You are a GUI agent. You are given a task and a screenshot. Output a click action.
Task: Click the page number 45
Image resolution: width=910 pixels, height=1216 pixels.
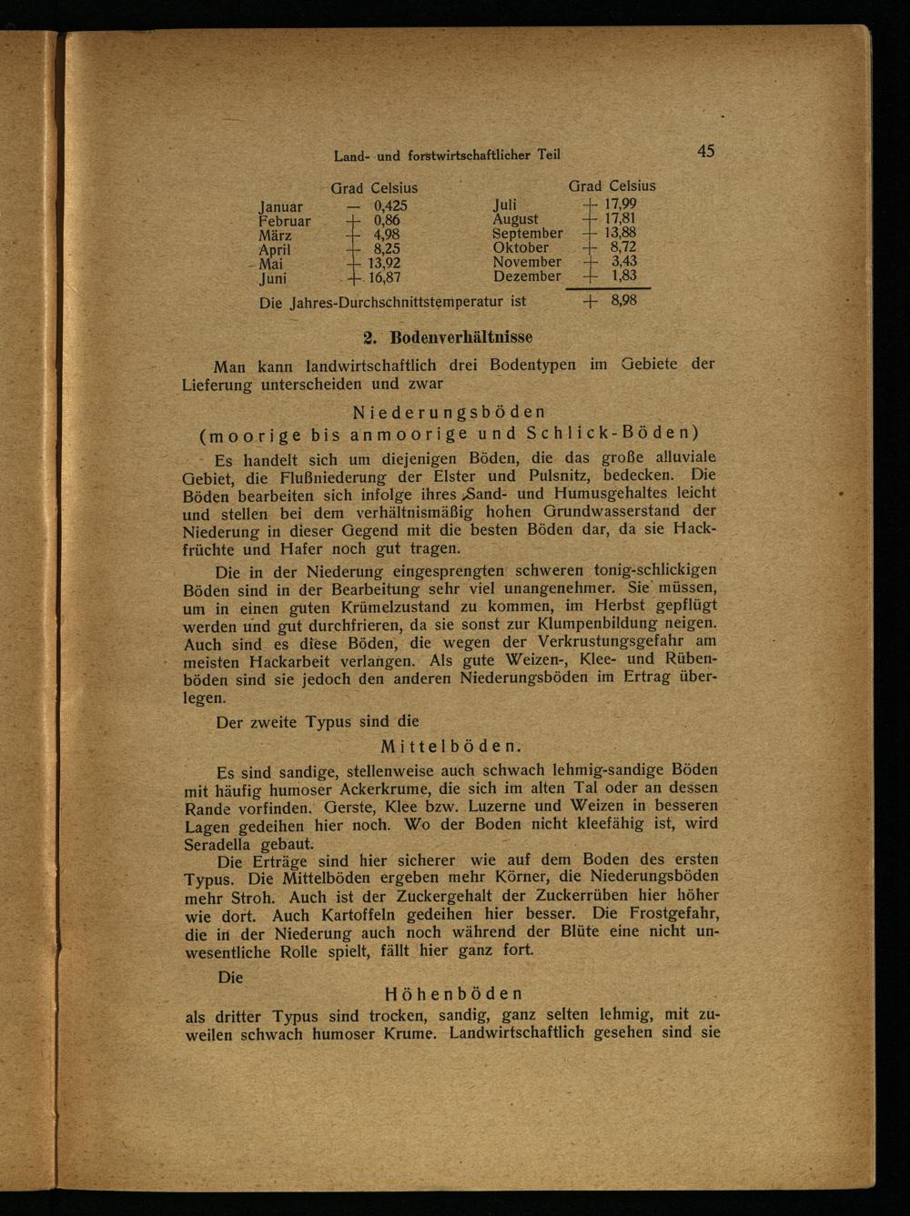(x=705, y=151)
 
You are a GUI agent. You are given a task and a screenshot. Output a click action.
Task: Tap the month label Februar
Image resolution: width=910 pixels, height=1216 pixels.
(x=285, y=221)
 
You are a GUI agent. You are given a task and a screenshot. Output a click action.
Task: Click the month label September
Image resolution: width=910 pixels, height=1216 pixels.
(x=528, y=233)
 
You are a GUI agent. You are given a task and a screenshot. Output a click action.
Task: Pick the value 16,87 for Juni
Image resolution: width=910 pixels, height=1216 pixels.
(x=381, y=278)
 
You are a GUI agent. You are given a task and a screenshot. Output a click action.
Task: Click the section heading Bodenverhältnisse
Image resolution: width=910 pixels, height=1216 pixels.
(x=461, y=338)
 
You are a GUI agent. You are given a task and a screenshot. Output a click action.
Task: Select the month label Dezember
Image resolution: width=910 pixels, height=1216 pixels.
(x=527, y=276)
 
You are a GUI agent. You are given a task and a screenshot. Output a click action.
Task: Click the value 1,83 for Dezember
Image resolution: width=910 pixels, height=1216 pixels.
(x=623, y=276)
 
